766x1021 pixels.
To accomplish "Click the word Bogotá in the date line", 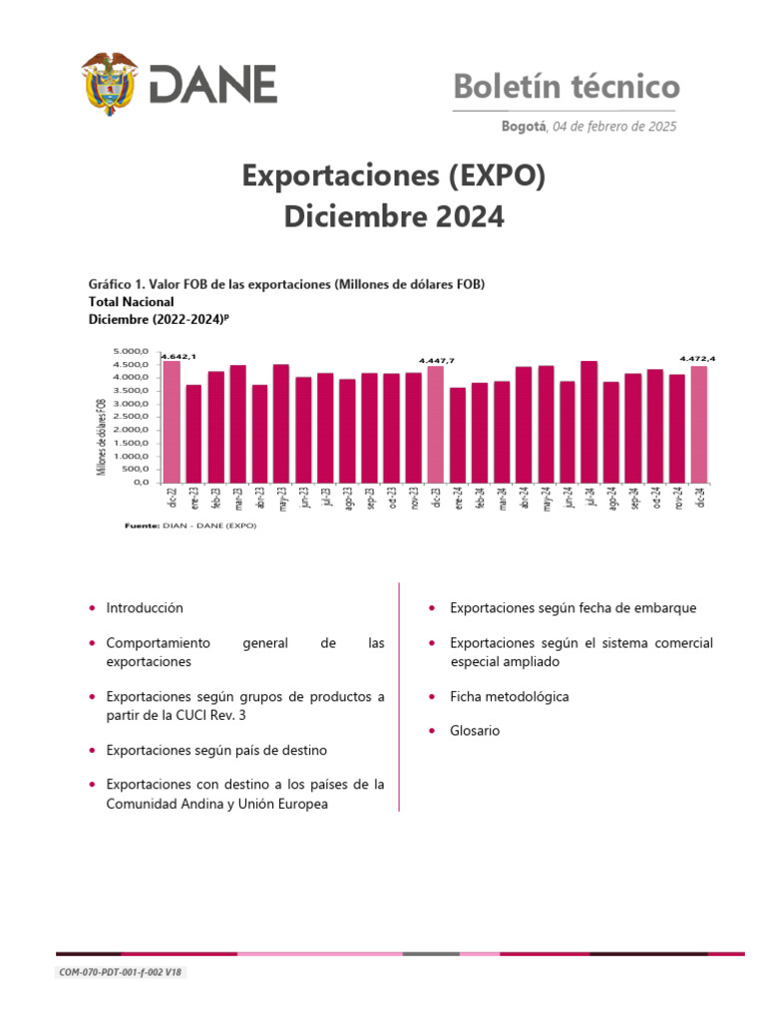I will pos(524,127).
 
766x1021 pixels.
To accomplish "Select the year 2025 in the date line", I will pos(659,127).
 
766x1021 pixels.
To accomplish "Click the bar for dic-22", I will pos(172,421).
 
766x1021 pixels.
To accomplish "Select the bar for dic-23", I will pos(436,424).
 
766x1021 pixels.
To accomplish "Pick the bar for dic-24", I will pos(699,424).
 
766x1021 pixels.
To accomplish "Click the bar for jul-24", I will pos(588,421).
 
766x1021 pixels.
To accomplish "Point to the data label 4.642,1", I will pos(179,356).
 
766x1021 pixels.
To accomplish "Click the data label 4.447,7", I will pos(436,361).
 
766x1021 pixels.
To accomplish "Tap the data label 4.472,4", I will pos(697,358).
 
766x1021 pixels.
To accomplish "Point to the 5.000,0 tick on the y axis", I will pos(132,352).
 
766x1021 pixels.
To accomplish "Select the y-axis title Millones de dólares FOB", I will pos(102,436).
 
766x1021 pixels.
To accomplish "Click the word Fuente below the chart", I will pos(140,525).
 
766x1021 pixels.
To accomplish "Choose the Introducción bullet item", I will pos(145,607).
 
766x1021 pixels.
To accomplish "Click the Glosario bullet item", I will pos(475,731).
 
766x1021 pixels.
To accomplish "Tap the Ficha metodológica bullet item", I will pos(509,697).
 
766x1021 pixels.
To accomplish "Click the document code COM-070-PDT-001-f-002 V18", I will pos(122,973).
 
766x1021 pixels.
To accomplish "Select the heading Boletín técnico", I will pos(567,87).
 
